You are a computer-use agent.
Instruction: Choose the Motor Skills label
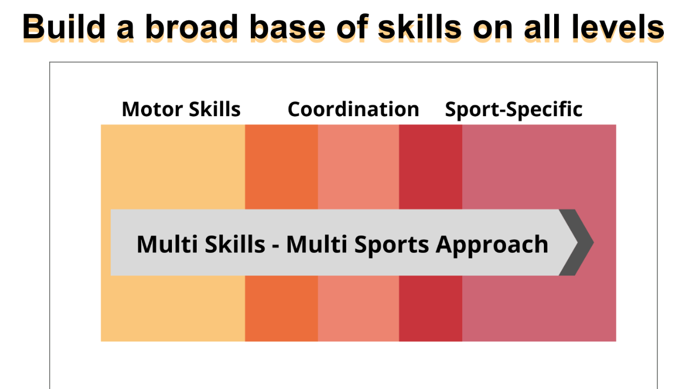coord(181,109)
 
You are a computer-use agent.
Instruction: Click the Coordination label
coord(353,109)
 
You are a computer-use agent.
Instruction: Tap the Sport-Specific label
coord(514,109)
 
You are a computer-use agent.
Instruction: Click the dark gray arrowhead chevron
coord(577,242)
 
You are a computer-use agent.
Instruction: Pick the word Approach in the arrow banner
coord(492,245)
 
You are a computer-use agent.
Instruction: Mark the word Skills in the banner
coord(234,244)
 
